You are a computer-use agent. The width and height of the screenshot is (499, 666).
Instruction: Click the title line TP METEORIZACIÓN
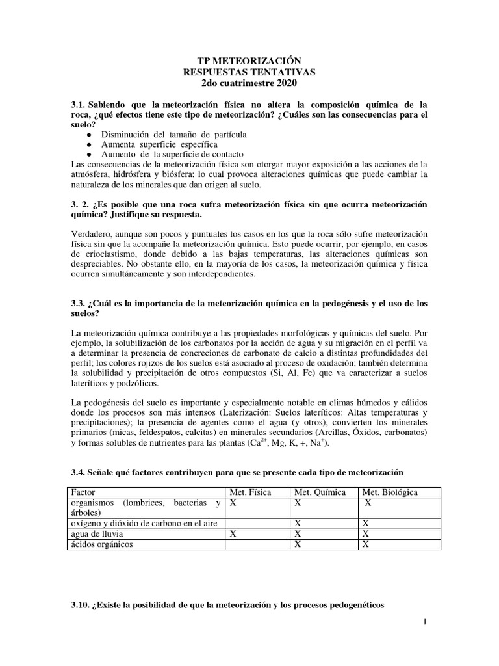(x=249, y=60)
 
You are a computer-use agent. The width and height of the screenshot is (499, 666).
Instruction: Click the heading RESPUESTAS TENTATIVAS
(x=249, y=72)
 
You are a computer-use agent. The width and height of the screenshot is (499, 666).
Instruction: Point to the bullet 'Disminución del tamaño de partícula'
(x=173, y=134)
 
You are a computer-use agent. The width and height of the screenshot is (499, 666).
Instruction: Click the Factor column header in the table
(x=83, y=493)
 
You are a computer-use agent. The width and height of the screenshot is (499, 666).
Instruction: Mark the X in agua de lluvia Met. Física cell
(x=233, y=534)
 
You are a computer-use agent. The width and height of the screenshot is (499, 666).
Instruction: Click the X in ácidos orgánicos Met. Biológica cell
(x=366, y=544)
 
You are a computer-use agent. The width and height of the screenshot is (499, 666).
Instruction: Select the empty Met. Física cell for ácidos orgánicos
(x=256, y=544)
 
